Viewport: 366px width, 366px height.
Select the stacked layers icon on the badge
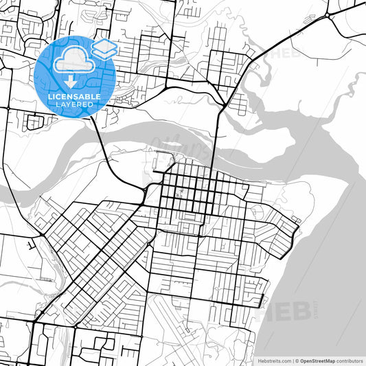(104, 49)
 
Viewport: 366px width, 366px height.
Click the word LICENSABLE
(74, 97)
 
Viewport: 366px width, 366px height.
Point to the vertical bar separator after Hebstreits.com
(292, 361)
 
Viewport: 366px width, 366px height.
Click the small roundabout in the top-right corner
(329, 14)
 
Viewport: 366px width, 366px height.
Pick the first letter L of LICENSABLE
(50, 97)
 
